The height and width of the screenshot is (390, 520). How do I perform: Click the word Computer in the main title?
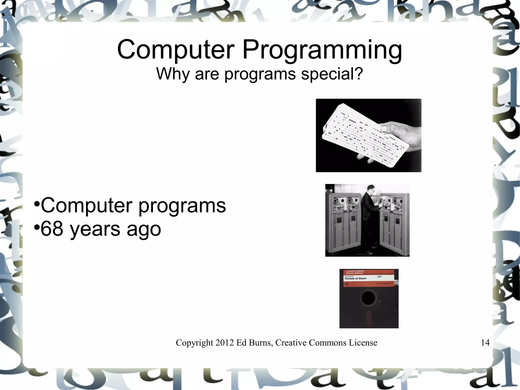(x=175, y=50)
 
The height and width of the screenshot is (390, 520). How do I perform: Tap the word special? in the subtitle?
(x=332, y=74)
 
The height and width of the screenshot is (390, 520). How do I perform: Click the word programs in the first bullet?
(x=182, y=206)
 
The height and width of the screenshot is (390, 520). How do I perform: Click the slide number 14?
(x=485, y=343)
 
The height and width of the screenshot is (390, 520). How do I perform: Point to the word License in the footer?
(x=363, y=343)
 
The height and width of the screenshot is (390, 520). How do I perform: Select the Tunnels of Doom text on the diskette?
(x=355, y=278)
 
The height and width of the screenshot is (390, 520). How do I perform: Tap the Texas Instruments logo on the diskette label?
(x=347, y=284)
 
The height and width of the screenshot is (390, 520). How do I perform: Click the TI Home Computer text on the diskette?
(x=355, y=271)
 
